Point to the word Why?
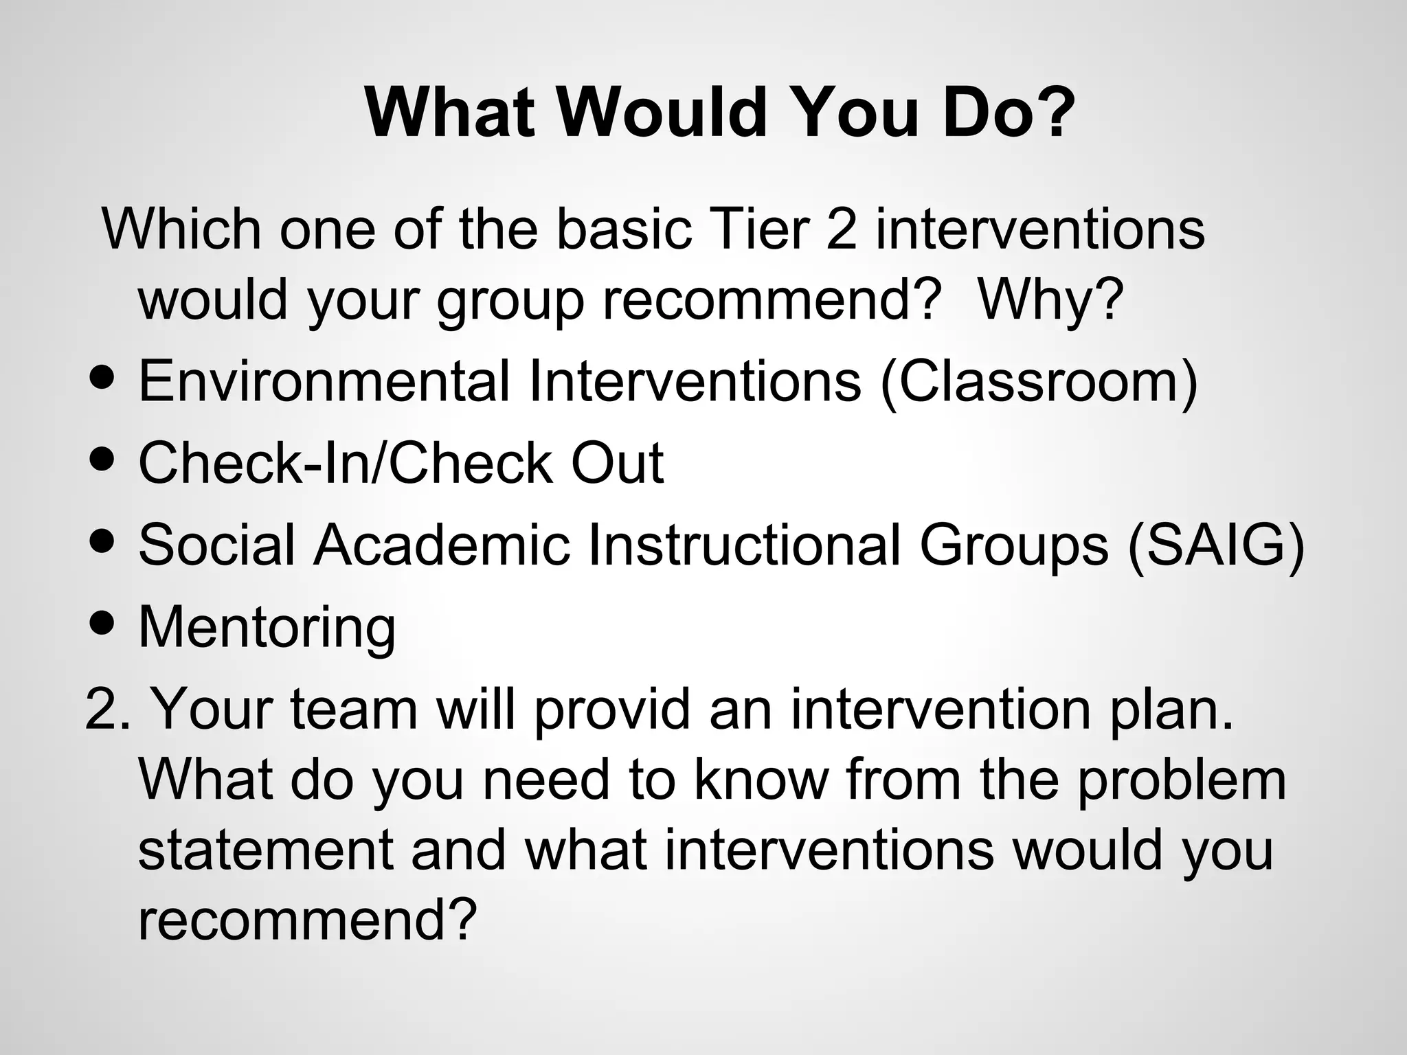coord(1050,300)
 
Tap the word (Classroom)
coord(1038,382)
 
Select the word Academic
coord(442,545)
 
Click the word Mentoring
coord(267,628)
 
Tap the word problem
coord(1181,781)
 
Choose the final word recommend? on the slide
coord(307,921)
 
